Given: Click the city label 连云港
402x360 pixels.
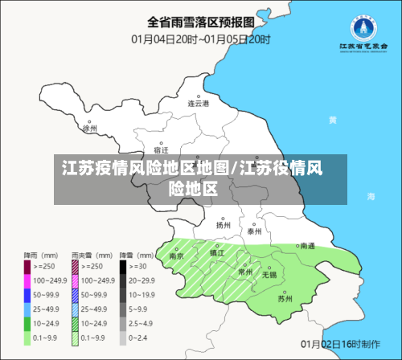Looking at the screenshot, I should (199, 104).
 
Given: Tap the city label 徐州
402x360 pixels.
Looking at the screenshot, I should (90, 127).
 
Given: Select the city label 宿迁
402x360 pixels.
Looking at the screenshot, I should (161, 150).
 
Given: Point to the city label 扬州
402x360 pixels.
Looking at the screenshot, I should (223, 226).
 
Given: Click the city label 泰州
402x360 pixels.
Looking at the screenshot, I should (255, 231).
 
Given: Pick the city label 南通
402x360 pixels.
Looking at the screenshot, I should (307, 247).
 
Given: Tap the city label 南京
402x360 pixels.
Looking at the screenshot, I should (177, 256).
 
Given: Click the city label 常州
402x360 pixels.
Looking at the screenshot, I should (245, 272).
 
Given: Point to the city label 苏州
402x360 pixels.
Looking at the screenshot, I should (285, 298).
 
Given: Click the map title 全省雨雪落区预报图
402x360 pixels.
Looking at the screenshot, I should (200, 22).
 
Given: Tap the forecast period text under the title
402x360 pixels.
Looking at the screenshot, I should (200, 38).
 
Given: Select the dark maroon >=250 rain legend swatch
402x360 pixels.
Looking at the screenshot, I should (27, 265).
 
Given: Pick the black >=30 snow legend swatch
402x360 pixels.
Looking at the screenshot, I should (124, 265).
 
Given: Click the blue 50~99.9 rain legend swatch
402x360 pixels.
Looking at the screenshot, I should (27, 295).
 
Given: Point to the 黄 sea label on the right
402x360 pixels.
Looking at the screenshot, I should (332, 120).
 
